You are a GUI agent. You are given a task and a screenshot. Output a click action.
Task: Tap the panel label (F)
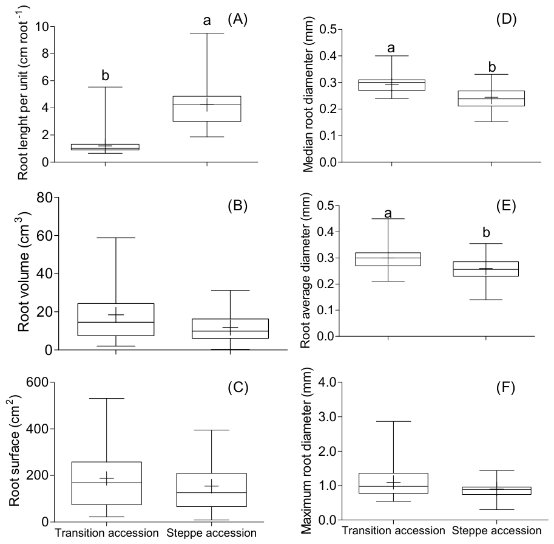[505, 388]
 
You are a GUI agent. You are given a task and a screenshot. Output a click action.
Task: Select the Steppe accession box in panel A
[207, 109]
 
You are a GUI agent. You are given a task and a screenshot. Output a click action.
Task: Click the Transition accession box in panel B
[116, 320]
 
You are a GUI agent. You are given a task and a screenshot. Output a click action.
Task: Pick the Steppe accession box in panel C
[212, 490]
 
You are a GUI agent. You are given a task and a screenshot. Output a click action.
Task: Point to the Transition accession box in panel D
[391, 85]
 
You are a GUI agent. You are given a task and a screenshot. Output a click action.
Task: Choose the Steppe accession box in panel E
[486, 269]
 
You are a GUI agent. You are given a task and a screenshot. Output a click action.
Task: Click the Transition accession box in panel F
[393, 483]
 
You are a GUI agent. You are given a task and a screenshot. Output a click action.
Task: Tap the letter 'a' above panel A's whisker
[207, 21]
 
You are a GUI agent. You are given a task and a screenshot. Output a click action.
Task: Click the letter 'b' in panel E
[486, 232]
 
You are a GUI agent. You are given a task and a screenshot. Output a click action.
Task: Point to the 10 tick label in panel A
[42, 27]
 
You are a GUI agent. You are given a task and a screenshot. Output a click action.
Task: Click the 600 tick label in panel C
[38, 382]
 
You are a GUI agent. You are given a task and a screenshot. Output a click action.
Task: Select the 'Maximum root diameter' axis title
[306, 450]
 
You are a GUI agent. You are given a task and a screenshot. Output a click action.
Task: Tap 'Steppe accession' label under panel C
[212, 532]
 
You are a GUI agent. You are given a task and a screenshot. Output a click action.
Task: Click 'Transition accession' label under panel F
[393, 531]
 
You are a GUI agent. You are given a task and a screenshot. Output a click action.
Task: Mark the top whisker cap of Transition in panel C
[106, 399]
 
